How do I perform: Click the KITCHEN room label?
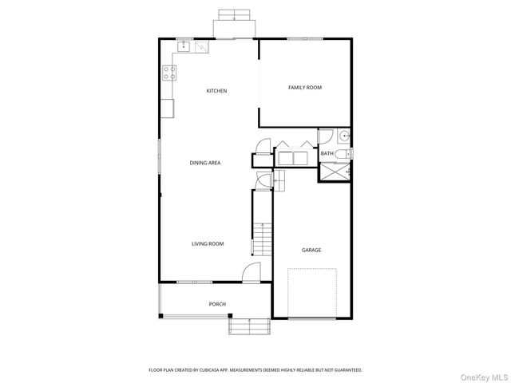[x=216, y=91]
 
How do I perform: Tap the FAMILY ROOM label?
[x=304, y=87]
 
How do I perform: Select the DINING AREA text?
[x=204, y=163]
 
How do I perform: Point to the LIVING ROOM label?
[x=207, y=243]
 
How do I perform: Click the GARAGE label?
[x=311, y=250]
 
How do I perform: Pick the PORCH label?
[x=216, y=304]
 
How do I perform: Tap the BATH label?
[x=327, y=153]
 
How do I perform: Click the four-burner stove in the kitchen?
[x=169, y=73]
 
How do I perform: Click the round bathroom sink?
[x=344, y=136]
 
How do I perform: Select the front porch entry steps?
[x=249, y=326]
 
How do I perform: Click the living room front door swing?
[x=251, y=272]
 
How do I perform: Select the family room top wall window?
[x=305, y=38]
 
